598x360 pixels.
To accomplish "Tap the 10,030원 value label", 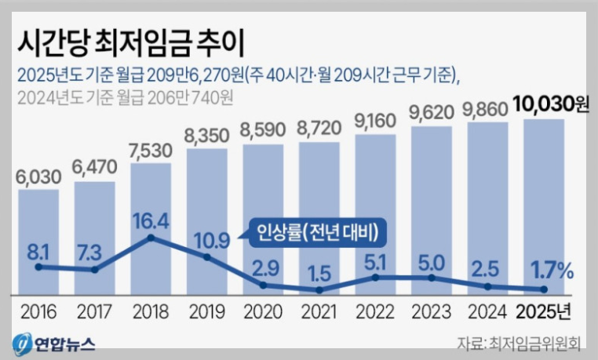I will (x=549, y=104).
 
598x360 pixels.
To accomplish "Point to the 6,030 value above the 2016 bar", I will (x=38, y=176).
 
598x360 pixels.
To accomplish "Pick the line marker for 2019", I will (x=206, y=257).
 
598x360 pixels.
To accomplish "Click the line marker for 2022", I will (x=376, y=277).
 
